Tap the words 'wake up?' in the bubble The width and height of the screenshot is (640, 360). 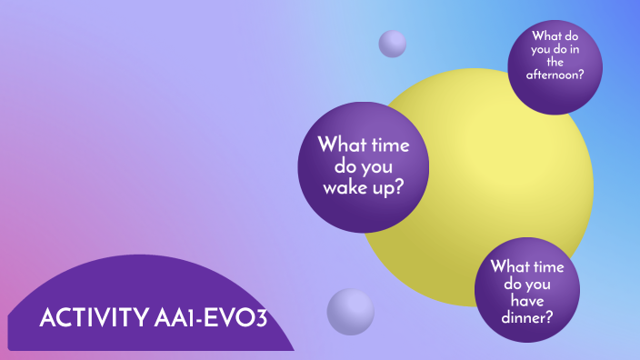[x=364, y=188]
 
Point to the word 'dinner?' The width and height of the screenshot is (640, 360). [x=527, y=317]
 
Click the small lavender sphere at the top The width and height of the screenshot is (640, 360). [x=392, y=43]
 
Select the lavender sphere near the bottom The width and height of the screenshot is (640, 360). [x=350, y=312]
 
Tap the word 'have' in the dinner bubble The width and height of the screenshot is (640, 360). [x=527, y=301]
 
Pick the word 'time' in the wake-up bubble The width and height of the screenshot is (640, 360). [x=389, y=145]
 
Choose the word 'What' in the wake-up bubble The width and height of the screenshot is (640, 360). [x=341, y=145]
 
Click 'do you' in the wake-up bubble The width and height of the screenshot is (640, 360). [x=364, y=167]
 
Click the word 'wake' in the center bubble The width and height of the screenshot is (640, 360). [x=346, y=188]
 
